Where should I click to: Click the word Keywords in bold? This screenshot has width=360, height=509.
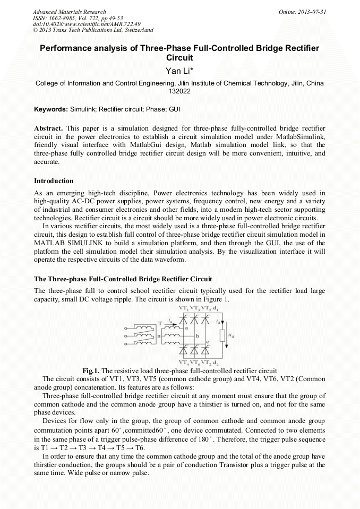[x=50, y=109]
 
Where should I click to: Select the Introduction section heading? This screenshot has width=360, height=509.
[x=54, y=181]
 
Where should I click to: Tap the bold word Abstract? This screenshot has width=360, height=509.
[x=48, y=129]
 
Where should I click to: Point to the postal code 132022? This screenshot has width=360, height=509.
[x=179, y=91]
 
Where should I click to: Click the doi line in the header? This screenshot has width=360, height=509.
[x=71, y=24]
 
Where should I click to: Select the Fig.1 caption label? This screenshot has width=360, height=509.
[x=91, y=370]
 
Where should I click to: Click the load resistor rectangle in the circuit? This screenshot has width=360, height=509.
[x=222, y=335]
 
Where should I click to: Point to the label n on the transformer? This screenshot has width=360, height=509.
[x=159, y=335]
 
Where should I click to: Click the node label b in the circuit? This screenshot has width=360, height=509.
[x=197, y=336]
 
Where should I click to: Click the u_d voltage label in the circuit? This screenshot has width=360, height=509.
[x=230, y=335]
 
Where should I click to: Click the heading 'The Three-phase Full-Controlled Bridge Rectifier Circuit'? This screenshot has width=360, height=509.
[x=123, y=279]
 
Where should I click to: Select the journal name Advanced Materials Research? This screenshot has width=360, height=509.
[x=69, y=12]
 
